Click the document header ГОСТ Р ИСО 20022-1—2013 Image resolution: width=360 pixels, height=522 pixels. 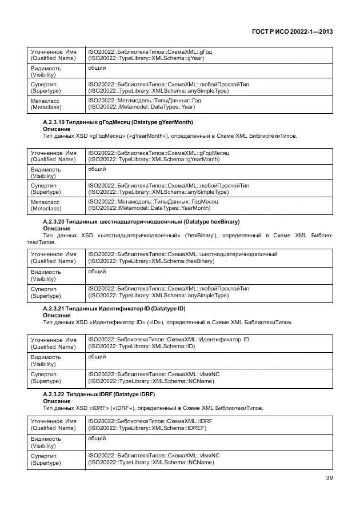(x=292, y=31)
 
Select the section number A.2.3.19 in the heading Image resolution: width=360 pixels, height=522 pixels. (x=54, y=122)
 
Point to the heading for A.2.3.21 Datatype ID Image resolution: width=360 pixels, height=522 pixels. (x=114, y=308)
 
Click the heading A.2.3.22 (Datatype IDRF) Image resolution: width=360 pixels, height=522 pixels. (x=99, y=395)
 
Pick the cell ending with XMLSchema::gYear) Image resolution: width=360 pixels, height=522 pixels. (x=209, y=55)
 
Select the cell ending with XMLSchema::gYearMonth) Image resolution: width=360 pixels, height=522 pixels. (x=209, y=156)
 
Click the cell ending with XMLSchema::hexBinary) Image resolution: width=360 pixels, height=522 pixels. (x=209, y=257)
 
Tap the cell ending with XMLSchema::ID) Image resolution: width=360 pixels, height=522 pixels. (x=209, y=343)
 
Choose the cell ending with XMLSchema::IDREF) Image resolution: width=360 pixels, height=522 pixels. (x=209, y=424)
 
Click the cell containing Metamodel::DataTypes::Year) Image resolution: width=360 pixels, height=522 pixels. (x=209, y=103)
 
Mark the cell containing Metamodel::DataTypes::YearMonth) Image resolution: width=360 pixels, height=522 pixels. (x=209, y=205)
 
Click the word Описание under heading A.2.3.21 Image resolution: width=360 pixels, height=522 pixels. (x=57, y=315)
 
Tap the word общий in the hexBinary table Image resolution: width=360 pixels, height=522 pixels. (x=97, y=272)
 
